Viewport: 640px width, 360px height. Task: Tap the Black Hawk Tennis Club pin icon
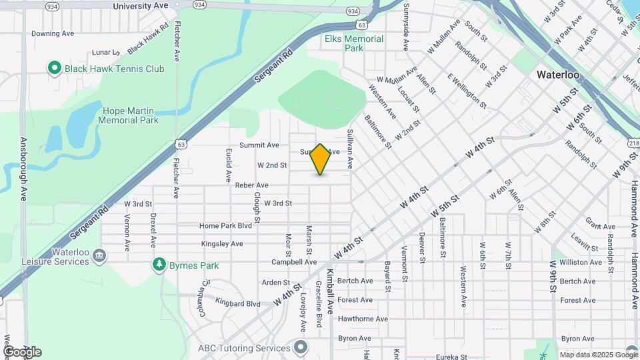coord(54,68)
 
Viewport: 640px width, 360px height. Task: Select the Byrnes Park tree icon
coord(159,265)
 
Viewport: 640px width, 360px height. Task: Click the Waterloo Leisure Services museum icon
coord(99,255)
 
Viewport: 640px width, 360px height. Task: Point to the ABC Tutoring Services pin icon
coord(301,347)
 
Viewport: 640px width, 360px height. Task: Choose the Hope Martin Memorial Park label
coord(128,116)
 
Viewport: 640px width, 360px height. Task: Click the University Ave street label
coord(141,5)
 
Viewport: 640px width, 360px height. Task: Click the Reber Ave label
coord(251,185)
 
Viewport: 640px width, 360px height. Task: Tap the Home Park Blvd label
coord(225,226)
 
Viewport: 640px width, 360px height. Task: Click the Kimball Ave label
coord(329,291)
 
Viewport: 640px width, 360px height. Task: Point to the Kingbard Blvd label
coord(239,304)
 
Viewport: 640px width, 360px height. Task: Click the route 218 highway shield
coord(633,144)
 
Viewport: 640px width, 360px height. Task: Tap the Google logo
coord(22,352)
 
